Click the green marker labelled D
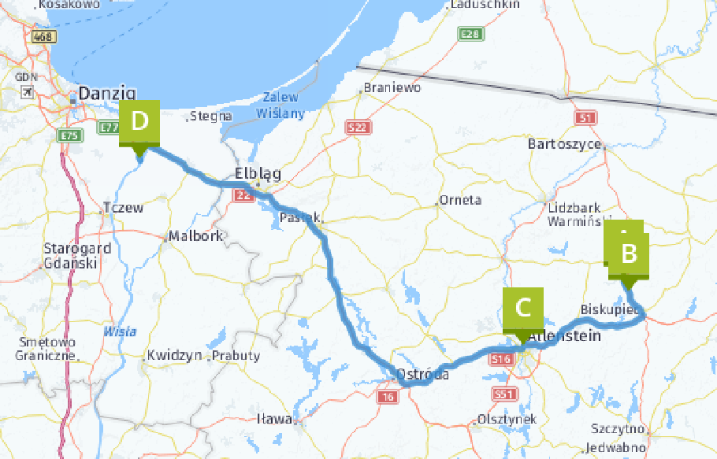pyautogui.click(x=139, y=123)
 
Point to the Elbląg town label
pyautogui.click(x=258, y=175)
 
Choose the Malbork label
pyautogui.click(x=196, y=235)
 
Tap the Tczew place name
pyautogui.click(x=124, y=209)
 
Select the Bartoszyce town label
pyautogui.click(x=565, y=144)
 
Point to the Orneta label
pyautogui.click(x=460, y=200)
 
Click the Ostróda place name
pyautogui.click(x=424, y=375)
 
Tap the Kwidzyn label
pyautogui.click(x=174, y=355)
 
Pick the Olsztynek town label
pyautogui.click(x=507, y=420)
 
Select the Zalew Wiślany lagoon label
pyautogui.click(x=280, y=105)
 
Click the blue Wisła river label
pyautogui.click(x=120, y=331)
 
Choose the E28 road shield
pyautogui.click(x=470, y=34)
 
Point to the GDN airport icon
pyautogui.click(x=28, y=92)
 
